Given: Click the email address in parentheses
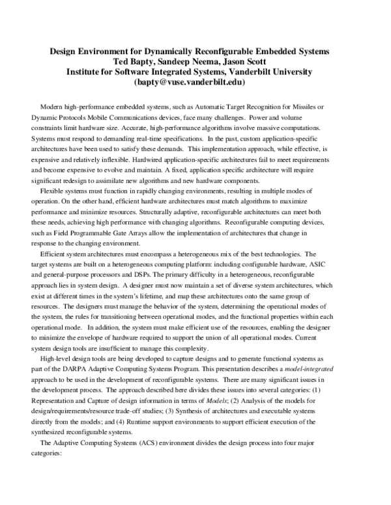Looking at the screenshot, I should click(197, 83).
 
